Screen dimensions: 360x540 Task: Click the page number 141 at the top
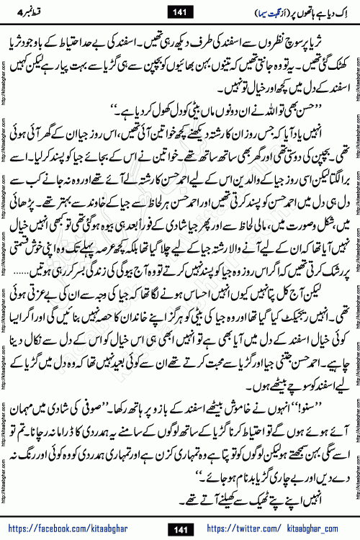click(x=180, y=11)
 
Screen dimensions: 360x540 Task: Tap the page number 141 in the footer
click(x=180, y=530)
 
